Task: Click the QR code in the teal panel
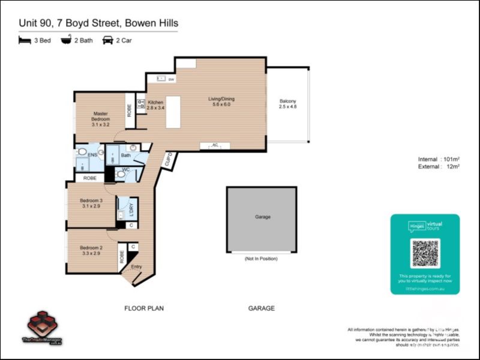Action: [425, 253]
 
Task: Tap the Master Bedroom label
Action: [100, 119]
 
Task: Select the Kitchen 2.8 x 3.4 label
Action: [156, 105]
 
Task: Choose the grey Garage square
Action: [262, 219]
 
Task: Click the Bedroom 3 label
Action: [92, 203]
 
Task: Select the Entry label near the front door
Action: [136, 267]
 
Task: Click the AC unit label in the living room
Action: [215, 145]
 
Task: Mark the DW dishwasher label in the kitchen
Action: [171, 79]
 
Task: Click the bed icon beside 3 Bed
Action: [25, 40]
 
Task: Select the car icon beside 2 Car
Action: [108, 40]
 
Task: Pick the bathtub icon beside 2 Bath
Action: [65, 40]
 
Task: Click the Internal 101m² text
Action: [439, 159]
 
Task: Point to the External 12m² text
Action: [439, 167]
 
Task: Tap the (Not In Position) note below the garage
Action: [261, 259]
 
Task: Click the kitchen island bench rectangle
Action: [173, 112]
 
